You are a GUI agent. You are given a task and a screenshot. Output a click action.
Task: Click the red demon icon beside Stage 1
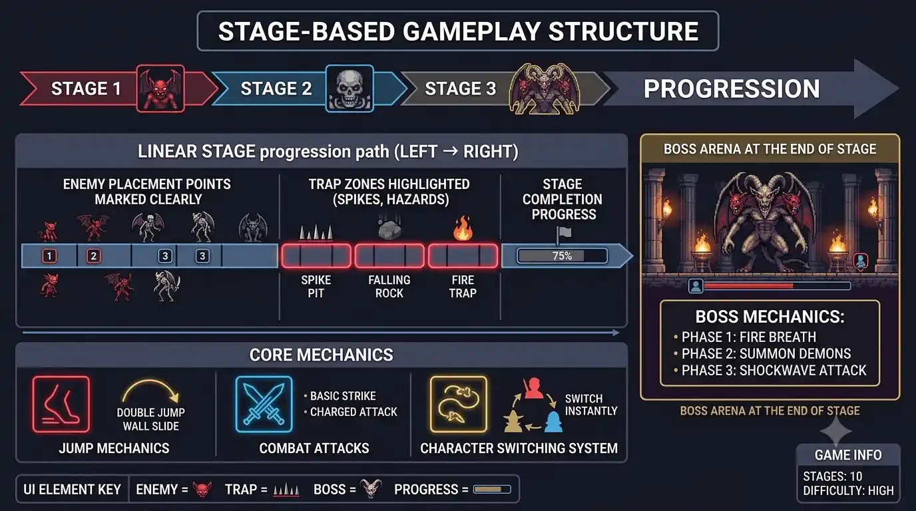[160, 88]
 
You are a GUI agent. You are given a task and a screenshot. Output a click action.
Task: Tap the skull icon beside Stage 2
[349, 88]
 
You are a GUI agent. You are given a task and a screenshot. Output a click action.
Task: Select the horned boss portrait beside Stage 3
[545, 88]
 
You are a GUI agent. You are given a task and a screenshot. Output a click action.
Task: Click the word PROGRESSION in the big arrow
[732, 88]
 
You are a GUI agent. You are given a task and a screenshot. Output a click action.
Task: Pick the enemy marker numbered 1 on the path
[49, 256]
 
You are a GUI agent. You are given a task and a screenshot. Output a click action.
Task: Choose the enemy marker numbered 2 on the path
[94, 256]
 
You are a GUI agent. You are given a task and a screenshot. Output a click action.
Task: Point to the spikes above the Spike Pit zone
[316, 232]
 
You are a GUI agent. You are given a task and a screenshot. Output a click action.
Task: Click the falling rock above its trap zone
[389, 229]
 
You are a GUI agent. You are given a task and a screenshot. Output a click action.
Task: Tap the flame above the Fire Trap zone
[463, 228]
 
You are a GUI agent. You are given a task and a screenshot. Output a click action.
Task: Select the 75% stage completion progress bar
[563, 256]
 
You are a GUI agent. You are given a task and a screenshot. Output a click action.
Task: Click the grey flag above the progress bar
[563, 235]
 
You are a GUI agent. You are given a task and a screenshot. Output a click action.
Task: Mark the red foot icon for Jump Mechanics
[61, 405]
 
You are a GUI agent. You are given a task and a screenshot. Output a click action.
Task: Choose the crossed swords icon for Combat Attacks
[264, 405]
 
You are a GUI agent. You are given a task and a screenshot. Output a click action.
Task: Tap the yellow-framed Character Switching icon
[459, 405]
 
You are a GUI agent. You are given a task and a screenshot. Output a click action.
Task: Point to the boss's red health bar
[748, 286]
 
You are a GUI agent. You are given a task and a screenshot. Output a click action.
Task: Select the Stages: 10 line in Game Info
[833, 476]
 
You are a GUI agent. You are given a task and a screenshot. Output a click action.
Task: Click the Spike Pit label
[316, 287]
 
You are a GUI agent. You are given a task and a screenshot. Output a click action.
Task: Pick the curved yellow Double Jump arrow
[150, 391]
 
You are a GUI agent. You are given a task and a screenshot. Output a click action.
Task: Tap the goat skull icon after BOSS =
[371, 488]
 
